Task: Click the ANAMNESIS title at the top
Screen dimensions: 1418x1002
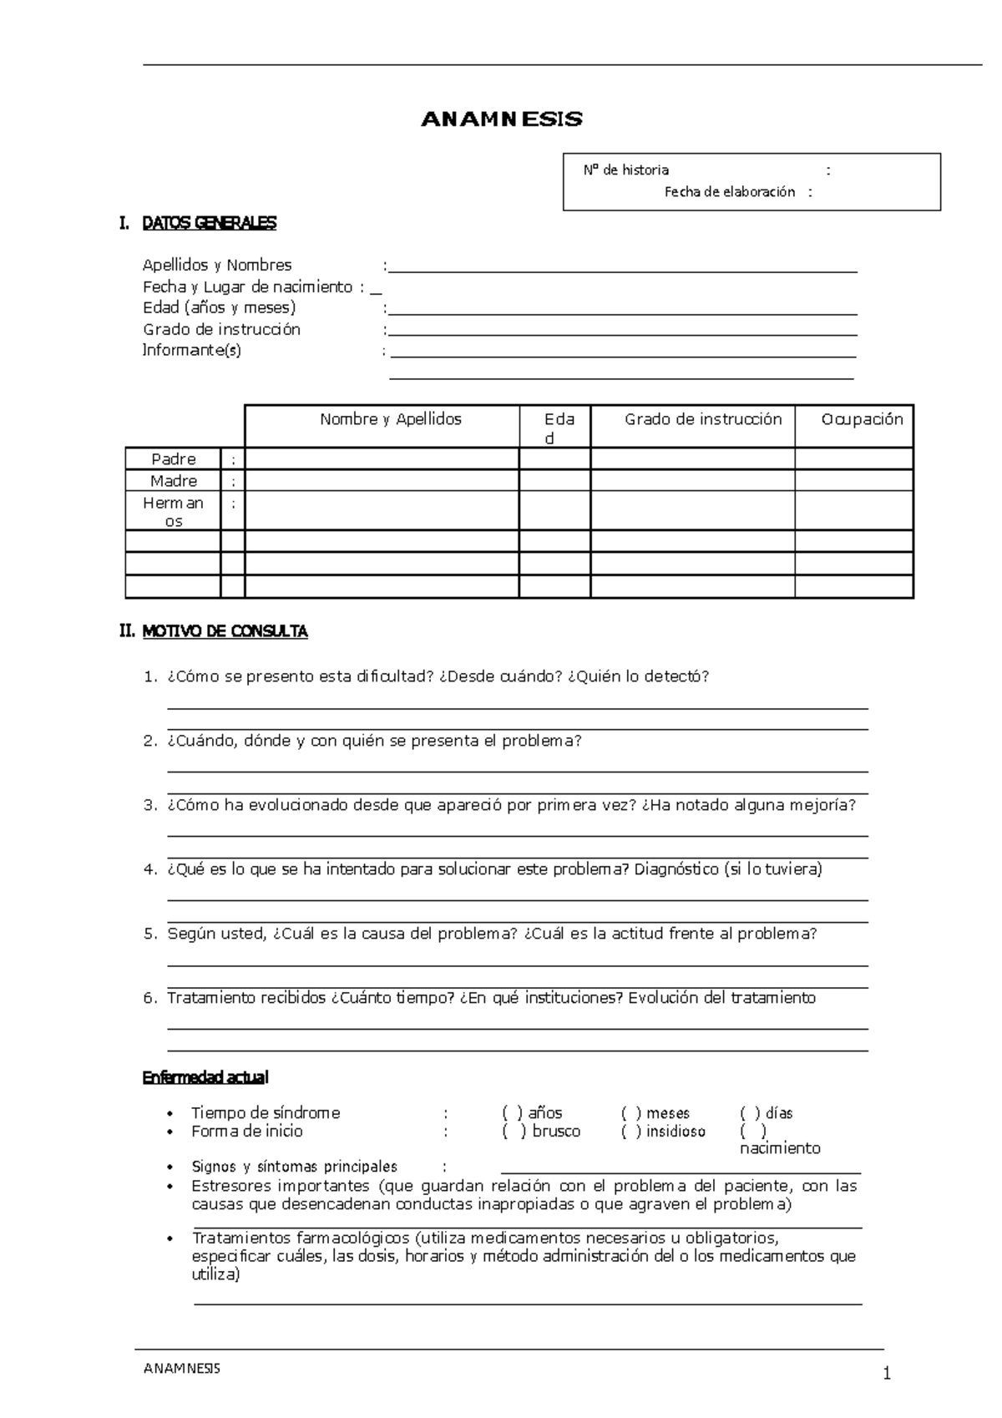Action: [501, 119]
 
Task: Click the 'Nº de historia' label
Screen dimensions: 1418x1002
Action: [625, 170]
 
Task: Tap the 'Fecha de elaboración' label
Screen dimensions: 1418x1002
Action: [729, 192]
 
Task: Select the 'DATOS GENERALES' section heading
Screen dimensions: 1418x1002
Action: [209, 223]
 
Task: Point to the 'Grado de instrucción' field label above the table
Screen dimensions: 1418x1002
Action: [221, 329]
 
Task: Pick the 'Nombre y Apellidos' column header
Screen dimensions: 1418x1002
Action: [390, 419]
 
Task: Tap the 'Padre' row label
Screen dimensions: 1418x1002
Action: [174, 459]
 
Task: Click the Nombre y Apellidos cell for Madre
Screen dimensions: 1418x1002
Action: [382, 481]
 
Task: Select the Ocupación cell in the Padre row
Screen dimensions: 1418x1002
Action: [853, 459]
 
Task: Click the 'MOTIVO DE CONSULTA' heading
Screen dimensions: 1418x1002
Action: [225, 632]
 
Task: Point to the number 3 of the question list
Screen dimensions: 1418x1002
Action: [149, 806]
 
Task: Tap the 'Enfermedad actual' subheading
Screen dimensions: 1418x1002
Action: [205, 1078]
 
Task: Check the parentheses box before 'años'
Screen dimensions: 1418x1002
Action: [513, 1113]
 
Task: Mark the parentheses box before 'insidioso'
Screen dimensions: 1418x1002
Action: [631, 1132]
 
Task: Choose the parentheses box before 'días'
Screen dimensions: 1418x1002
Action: [751, 1113]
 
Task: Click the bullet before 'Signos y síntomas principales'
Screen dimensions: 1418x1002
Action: [170, 1167]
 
